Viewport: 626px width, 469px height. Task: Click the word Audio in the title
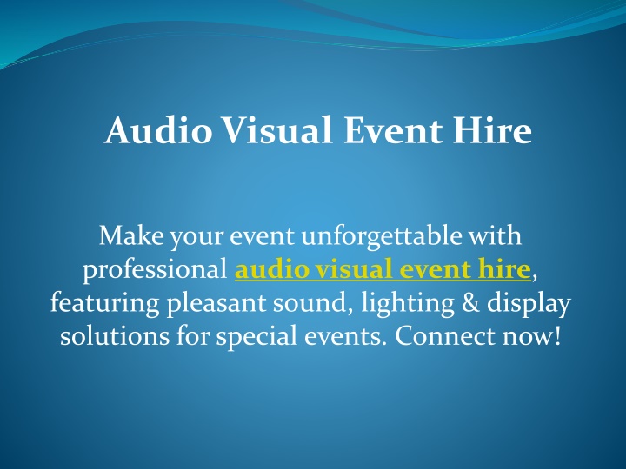tap(158, 130)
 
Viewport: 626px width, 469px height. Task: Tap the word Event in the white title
tap(393, 130)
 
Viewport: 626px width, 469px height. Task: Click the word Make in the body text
tap(131, 235)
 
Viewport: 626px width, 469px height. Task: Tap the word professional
tap(155, 269)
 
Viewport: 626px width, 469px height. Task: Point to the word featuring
tap(105, 303)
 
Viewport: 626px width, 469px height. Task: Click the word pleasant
tap(216, 304)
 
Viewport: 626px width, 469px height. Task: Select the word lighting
tap(407, 303)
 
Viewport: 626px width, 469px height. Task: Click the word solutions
tap(115, 336)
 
